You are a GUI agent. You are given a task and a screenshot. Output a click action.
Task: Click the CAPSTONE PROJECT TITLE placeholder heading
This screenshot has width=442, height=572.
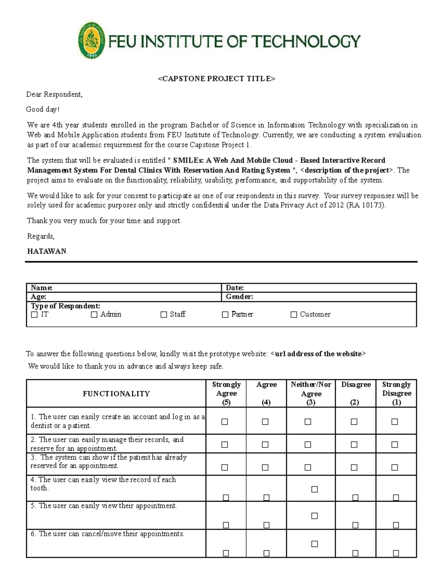point(217,78)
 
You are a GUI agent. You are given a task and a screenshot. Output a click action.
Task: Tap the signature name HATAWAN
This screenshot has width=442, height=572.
point(47,251)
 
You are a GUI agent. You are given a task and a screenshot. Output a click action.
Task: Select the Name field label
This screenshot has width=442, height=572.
point(42,288)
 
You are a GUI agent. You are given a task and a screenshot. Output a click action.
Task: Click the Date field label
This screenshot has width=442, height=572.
point(235,288)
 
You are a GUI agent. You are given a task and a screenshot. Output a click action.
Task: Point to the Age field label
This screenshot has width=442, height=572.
point(38,296)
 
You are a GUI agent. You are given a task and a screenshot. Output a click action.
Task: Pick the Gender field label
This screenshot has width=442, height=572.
point(239,296)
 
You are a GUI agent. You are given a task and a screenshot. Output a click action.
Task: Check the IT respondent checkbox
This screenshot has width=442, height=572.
point(35,315)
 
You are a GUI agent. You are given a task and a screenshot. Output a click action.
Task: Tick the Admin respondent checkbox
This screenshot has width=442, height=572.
point(94,315)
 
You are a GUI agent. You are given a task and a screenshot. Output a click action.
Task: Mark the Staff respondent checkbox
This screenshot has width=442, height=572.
point(164,315)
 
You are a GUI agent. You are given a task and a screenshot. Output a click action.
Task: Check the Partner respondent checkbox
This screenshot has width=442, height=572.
point(225,315)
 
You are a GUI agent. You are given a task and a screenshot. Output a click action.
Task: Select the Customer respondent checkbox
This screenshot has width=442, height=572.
point(294,315)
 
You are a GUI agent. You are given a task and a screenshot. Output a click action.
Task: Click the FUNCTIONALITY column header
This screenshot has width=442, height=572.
point(116,394)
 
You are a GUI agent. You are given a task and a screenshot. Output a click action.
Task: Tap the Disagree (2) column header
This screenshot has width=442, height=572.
point(355,393)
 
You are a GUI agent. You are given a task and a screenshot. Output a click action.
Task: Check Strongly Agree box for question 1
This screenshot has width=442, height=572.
point(225,422)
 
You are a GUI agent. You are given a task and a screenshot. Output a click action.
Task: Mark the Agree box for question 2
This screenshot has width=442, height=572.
point(265,445)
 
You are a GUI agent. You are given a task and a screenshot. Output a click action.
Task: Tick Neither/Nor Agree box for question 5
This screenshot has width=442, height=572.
point(314,516)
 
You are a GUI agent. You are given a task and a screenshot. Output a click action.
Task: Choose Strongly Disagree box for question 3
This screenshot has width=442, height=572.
point(394,467)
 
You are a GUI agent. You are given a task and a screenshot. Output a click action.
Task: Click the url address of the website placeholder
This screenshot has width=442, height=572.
point(318,354)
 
